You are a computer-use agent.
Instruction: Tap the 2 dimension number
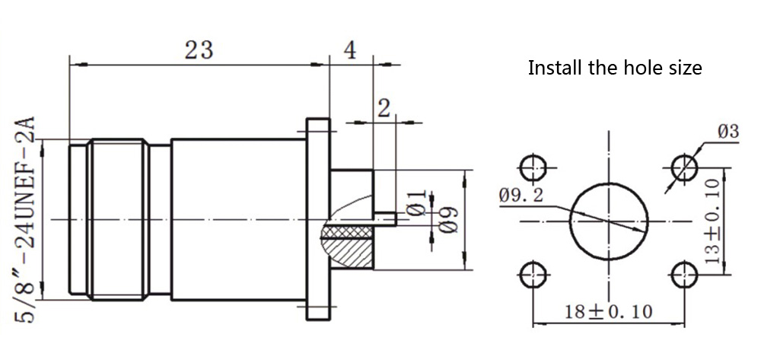(x=384, y=108)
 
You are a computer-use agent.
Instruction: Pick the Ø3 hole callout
(x=728, y=131)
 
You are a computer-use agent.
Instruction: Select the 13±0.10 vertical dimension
(x=712, y=221)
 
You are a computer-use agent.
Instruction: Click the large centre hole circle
(x=609, y=221)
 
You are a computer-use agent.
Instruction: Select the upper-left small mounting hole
(x=532, y=167)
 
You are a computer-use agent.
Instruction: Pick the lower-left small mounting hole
(x=532, y=275)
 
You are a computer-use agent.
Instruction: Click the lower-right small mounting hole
(x=685, y=275)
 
